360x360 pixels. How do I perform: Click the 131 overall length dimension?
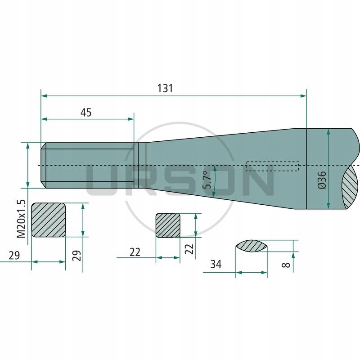tap(165, 88)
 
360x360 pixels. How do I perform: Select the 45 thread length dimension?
tap(85, 112)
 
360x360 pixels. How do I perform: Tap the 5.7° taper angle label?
tap(207, 180)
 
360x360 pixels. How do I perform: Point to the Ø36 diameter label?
tap(321, 180)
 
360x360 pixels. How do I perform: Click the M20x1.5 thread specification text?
tap(21, 220)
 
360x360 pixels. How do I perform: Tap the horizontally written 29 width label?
tap(14, 255)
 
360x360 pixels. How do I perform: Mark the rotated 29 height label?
tap(76, 256)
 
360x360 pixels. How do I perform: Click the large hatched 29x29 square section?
tap(49, 220)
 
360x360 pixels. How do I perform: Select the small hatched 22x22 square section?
tap(168, 225)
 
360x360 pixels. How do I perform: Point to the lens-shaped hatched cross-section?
tap(252, 246)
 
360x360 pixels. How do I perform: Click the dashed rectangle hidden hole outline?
tap(272, 166)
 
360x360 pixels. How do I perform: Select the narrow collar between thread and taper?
tap(140, 166)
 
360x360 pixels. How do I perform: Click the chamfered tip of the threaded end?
tap(43, 166)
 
